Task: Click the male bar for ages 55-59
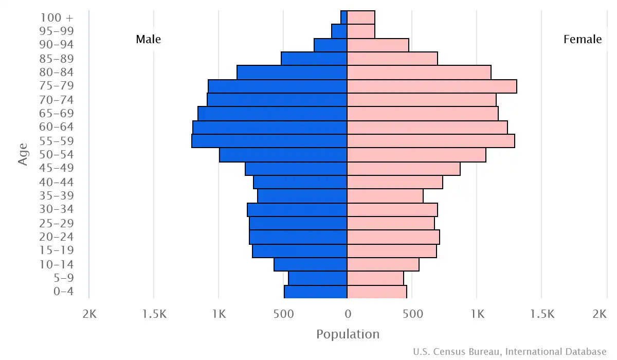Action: tap(269, 141)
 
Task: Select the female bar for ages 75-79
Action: tap(432, 86)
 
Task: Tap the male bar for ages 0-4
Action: tap(316, 292)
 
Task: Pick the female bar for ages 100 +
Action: tap(361, 17)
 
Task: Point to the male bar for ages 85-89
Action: tap(314, 59)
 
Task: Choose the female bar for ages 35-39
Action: tap(385, 196)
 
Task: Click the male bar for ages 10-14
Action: tap(311, 264)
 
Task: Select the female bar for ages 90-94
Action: tap(378, 45)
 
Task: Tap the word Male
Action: tap(148, 40)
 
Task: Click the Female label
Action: tap(583, 40)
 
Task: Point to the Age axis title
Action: tap(23, 154)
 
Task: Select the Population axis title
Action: tap(348, 334)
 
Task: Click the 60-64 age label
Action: tap(56, 127)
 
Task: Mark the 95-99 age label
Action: tap(56, 31)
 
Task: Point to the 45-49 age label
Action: tap(56, 168)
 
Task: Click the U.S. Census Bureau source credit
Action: tap(510, 352)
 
